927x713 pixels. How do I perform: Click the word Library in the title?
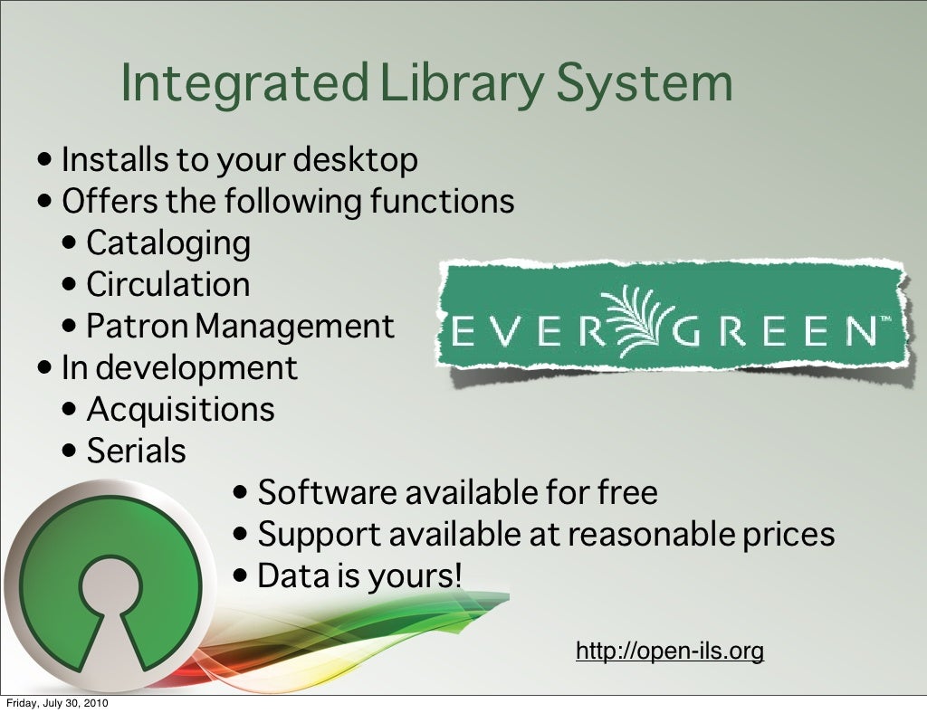click(461, 83)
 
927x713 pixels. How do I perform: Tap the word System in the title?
click(645, 83)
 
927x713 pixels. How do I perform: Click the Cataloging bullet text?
click(168, 242)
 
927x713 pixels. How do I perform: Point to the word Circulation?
click(168, 284)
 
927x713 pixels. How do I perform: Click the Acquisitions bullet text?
click(180, 409)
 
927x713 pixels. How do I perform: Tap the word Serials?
click(137, 451)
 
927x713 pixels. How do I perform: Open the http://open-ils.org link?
click(670, 651)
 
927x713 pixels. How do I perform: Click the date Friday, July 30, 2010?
click(59, 704)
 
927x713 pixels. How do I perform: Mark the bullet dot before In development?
click(46, 368)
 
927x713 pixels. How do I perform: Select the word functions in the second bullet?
click(442, 201)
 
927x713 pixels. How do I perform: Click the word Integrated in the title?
click(244, 83)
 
